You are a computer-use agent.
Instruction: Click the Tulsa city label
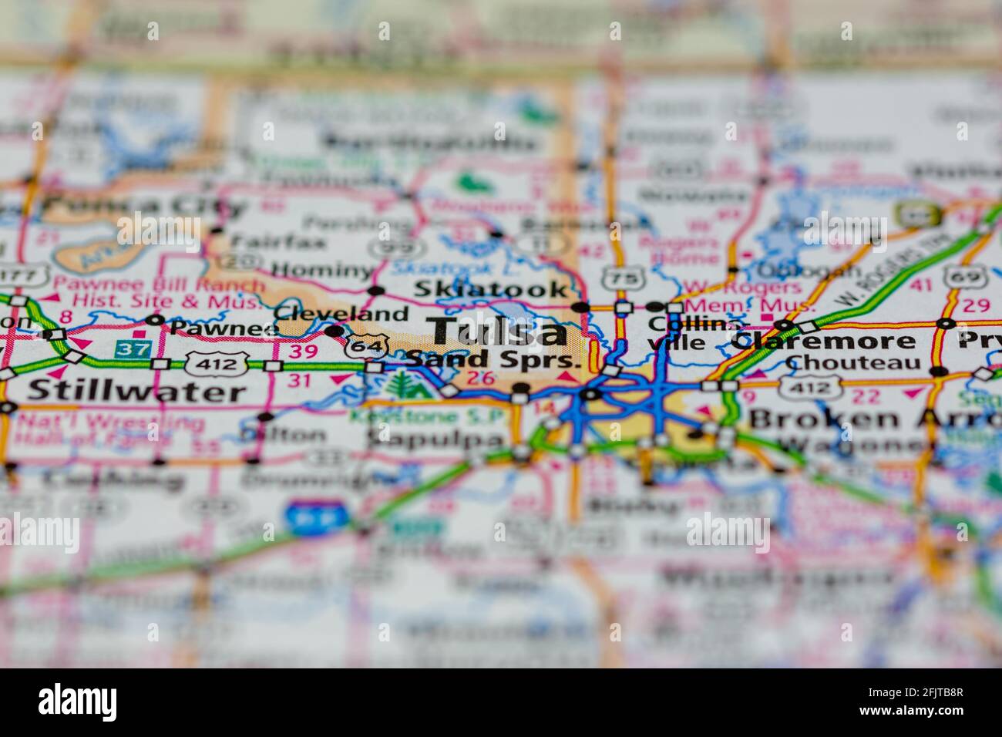click(499, 331)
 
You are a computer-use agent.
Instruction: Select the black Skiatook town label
click(491, 289)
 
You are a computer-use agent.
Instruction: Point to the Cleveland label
click(341, 313)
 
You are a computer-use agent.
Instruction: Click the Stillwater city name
click(136, 391)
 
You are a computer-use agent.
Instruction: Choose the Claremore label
click(824, 340)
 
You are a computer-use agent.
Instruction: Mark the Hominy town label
click(322, 269)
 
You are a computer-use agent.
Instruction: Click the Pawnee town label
click(214, 328)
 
